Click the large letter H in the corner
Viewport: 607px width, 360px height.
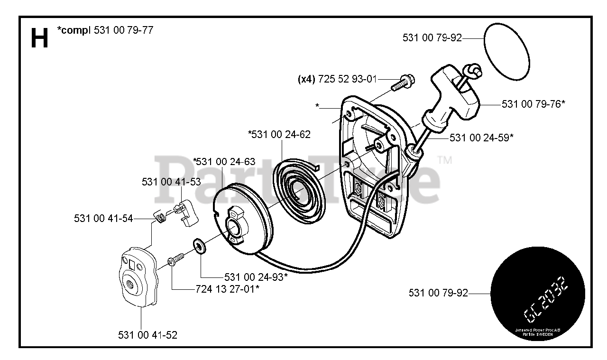39,37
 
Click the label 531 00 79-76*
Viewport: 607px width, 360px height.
533,103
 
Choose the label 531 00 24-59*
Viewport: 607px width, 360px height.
481,138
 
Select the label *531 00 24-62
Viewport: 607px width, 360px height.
279,134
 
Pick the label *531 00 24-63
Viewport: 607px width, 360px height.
224,162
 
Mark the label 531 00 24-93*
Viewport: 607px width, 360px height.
256,277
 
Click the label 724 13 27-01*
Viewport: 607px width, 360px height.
227,288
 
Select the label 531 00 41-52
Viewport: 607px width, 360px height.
147,335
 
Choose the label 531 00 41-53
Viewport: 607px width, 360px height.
171,182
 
